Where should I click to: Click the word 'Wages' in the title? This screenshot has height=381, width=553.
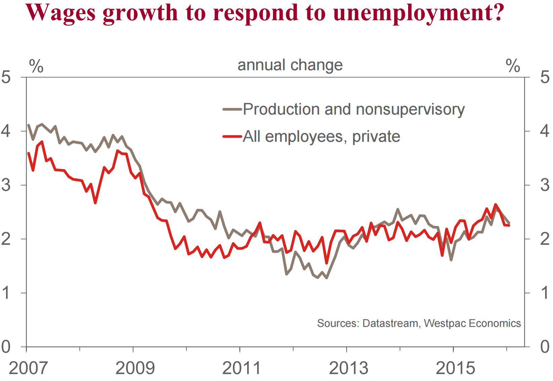point(61,13)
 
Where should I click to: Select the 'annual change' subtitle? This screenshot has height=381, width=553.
point(290,65)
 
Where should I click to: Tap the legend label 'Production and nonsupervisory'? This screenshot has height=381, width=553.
point(354,109)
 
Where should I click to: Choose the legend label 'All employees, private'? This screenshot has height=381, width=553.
point(321,136)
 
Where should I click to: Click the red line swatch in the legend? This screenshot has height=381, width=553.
point(232,136)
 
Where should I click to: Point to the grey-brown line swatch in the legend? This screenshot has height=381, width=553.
point(232,109)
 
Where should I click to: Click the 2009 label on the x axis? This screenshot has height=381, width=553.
point(135,368)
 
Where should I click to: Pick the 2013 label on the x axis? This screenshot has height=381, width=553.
point(348,368)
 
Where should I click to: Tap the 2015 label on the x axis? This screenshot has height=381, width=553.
point(455,368)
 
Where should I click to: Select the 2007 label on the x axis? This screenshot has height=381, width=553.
point(28,368)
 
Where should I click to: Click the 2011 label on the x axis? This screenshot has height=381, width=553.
point(241,368)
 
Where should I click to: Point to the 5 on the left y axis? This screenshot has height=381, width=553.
point(6,77)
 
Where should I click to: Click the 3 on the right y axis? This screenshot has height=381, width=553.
point(545,185)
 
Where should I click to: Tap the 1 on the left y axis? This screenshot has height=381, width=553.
point(6,293)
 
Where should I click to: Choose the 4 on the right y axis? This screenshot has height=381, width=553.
point(545,131)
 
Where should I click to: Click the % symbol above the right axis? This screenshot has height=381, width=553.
point(513,66)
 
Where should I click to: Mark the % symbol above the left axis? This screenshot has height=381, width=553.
point(36,66)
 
